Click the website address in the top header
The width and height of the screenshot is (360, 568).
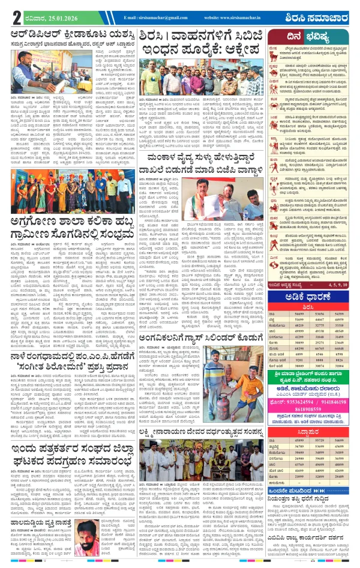coord(236,18)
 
